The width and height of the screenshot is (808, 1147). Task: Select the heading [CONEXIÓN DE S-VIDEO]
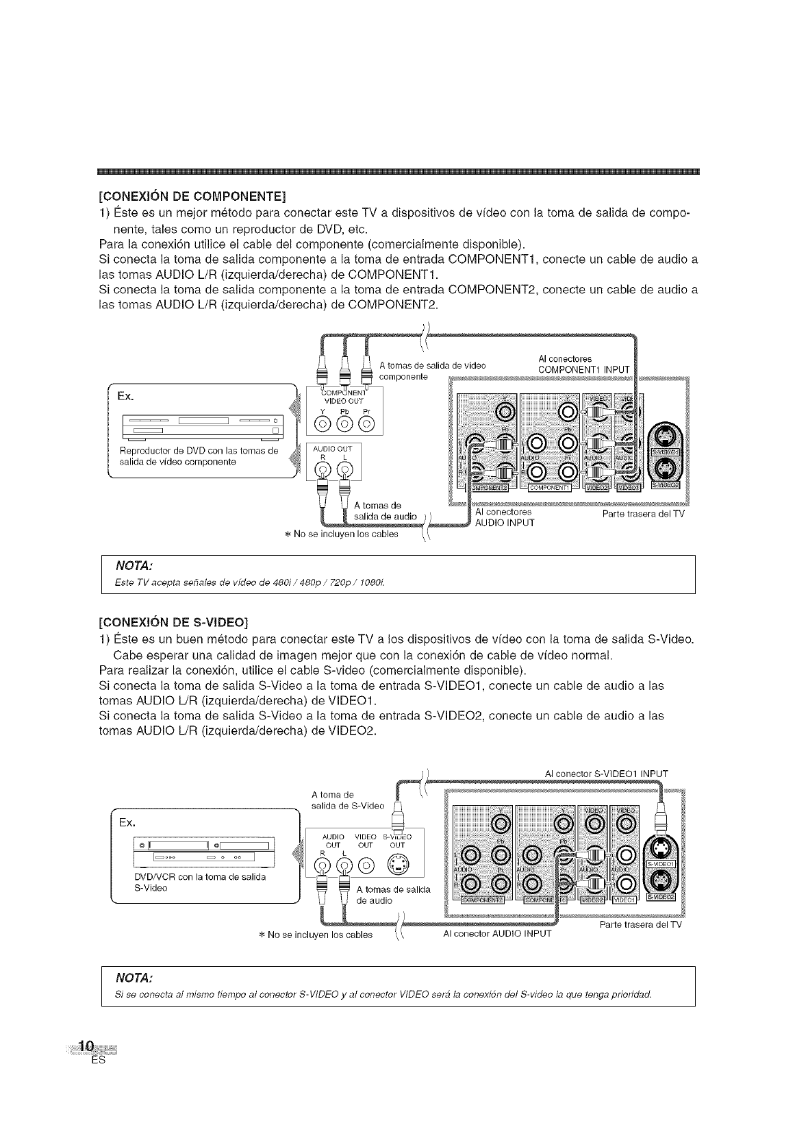click(173, 622)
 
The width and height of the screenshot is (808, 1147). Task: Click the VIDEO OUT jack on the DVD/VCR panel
click(367, 865)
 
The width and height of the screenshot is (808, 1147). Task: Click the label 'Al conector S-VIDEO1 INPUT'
click(606, 774)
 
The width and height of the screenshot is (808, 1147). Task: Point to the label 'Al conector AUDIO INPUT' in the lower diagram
click(497, 933)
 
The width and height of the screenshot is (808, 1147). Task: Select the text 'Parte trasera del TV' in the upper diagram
click(643, 513)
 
